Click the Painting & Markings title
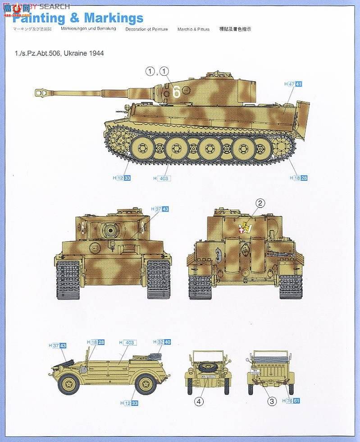[77, 18]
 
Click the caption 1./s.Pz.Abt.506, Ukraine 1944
[59, 53]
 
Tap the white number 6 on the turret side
[176, 91]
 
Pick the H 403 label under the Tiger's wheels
[162, 178]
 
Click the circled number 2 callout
[260, 203]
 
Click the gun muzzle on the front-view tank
[110, 231]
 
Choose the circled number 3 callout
[271, 401]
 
